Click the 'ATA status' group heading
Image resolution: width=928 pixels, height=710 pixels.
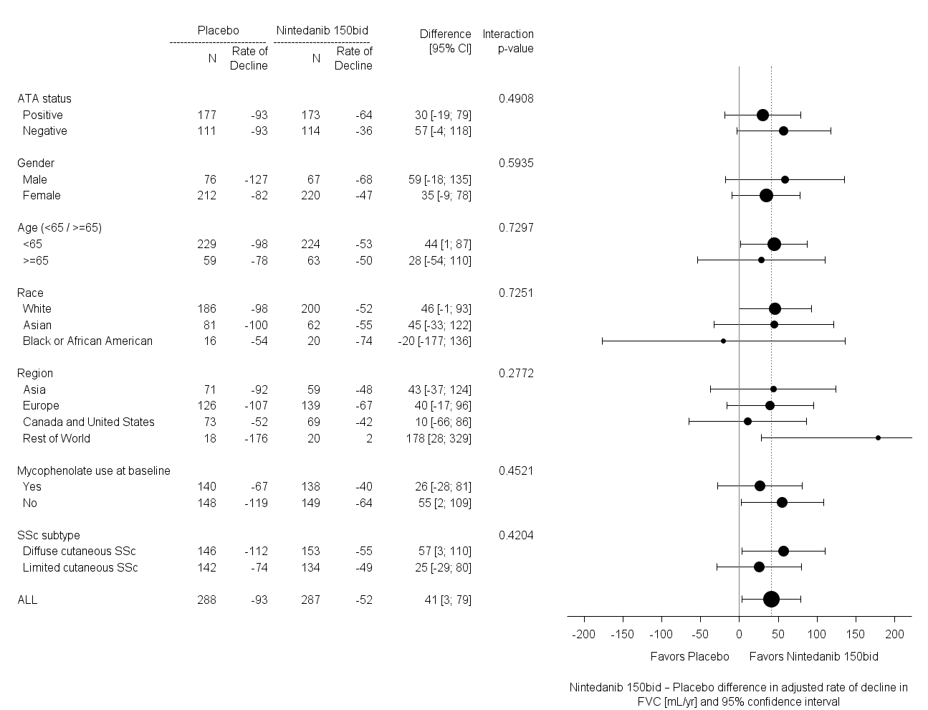(x=44, y=98)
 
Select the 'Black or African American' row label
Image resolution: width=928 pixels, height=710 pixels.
(x=87, y=341)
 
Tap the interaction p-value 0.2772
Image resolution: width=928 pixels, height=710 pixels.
(x=516, y=373)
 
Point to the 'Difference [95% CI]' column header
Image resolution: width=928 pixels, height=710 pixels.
(x=446, y=42)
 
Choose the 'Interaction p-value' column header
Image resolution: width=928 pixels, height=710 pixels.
(x=508, y=42)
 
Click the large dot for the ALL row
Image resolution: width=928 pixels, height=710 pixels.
(x=771, y=600)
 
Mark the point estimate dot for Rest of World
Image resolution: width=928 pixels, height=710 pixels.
(x=878, y=437)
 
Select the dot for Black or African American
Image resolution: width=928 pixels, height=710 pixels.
(x=723, y=341)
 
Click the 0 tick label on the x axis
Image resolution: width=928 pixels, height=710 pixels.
(x=739, y=634)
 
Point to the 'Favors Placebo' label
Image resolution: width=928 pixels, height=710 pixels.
(x=689, y=656)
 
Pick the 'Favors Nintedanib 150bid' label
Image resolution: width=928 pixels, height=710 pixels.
(x=813, y=656)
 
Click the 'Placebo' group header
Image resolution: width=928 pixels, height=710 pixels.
(x=219, y=31)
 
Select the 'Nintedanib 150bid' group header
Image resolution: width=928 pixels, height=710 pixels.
(x=322, y=31)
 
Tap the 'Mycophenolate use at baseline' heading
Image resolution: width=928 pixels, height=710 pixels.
(x=94, y=470)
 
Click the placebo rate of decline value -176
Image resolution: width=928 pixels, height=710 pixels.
(x=254, y=438)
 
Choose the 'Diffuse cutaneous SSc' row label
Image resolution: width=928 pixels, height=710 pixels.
(x=79, y=551)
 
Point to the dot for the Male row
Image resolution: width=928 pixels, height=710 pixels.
(x=785, y=179)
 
